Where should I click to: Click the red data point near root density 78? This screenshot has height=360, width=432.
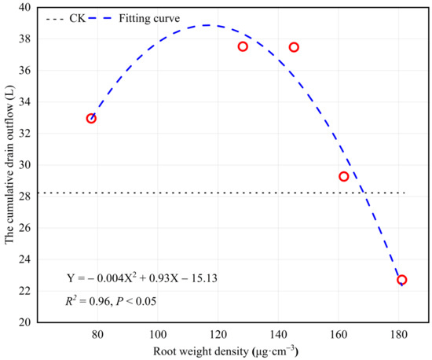tap(91, 119)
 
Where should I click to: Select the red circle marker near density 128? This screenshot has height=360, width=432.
tap(243, 46)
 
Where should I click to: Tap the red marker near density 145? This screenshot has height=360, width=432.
tap(294, 47)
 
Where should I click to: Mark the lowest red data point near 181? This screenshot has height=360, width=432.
tap(402, 280)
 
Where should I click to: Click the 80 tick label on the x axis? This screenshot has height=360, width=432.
tap(97, 335)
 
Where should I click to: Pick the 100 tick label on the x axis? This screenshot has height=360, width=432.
tap(157, 335)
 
